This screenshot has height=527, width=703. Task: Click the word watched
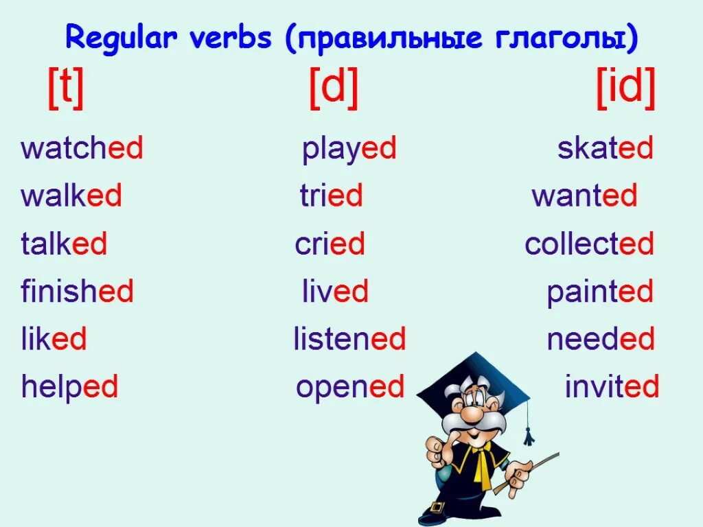(x=82, y=149)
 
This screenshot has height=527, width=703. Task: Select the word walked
(x=71, y=196)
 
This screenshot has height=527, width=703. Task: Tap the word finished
(x=77, y=292)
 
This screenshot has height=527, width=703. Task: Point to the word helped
(x=69, y=387)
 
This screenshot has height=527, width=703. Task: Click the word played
(x=349, y=149)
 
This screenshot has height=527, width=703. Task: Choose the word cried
(x=330, y=244)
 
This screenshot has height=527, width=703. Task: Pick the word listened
(x=349, y=339)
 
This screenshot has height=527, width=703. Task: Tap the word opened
(x=350, y=387)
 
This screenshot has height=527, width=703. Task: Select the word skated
(x=605, y=149)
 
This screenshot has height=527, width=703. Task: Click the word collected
(x=589, y=244)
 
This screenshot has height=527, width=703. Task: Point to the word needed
(x=600, y=339)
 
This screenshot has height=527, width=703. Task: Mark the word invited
(x=612, y=387)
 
